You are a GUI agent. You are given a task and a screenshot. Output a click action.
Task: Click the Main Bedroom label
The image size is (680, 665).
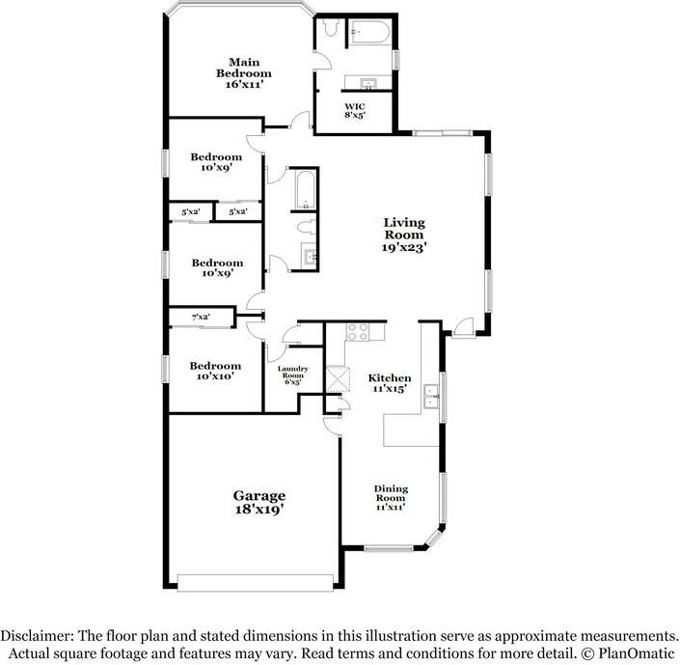(x=244, y=73)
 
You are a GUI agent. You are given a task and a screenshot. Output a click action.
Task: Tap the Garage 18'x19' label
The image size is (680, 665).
(x=259, y=502)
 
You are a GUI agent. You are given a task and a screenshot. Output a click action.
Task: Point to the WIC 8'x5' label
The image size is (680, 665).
(x=355, y=111)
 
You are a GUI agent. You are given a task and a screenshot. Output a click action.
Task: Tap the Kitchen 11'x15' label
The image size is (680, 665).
(x=390, y=383)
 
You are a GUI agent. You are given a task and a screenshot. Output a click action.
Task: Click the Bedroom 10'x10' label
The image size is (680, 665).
(x=215, y=371)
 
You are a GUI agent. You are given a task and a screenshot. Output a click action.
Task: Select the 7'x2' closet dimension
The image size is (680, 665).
(x=201, y=318)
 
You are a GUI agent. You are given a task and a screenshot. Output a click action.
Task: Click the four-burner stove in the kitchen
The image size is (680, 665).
(x=358, y=332)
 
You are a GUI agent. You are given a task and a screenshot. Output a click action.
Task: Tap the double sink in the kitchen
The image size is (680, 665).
(x=430, y=397)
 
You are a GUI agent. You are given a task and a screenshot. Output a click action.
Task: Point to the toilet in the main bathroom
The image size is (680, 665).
(x=330, y=27)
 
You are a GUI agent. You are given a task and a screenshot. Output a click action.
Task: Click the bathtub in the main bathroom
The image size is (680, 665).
(x=370, y=32)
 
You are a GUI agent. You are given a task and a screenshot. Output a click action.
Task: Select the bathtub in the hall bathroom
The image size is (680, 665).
(x=306, y=189)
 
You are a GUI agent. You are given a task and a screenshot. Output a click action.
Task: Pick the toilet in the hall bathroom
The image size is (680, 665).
(x=307, y=227)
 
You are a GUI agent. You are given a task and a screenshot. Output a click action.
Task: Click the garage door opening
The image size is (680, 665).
(x=256, y=583)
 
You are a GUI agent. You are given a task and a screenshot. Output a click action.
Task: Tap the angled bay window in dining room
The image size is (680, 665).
(x=433, y=539)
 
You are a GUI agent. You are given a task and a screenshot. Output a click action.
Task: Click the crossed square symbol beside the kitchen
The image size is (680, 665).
(x=338, y=379)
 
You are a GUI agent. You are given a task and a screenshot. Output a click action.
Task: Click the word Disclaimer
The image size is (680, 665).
(x=37, y=636)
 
